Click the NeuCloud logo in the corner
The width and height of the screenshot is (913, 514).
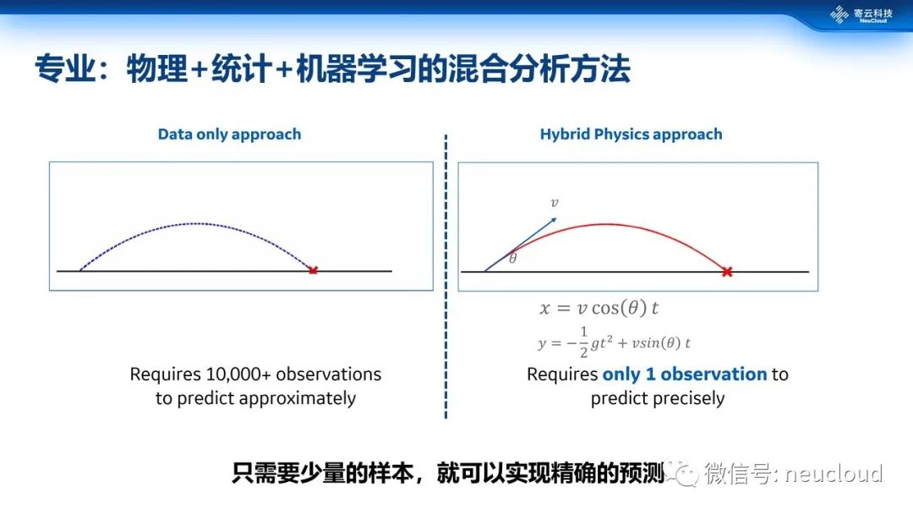click(x=861, y=14)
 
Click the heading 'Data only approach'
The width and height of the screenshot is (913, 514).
click(x=229, y=134)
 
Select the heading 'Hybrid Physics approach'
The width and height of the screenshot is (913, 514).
click(x=631, y=134)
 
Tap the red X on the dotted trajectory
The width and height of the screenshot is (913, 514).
click(x=314, y=270)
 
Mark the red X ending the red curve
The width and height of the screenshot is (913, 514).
click(x=727, y=271)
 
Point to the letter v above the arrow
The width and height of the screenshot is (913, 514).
click(x=555, y=203)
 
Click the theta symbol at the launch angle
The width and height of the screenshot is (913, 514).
click(x=513, y=258)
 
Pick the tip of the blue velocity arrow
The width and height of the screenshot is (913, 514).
click(x=556, y=218)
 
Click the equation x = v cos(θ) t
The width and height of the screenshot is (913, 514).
click(x=599, y=308)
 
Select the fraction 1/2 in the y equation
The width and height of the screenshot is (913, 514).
click(x=583, y=342)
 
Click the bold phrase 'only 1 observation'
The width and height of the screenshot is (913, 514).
click(x=685, y=374)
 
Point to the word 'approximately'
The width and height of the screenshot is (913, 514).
click(x=297, y=399)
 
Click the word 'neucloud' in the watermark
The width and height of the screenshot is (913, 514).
click(x=834, y=473)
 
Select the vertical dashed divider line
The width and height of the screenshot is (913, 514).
click(x=446, y=276)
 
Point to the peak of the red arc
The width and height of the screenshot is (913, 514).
click(x=607, y=224)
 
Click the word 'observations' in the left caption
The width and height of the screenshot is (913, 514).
click(x=328, y=374)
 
